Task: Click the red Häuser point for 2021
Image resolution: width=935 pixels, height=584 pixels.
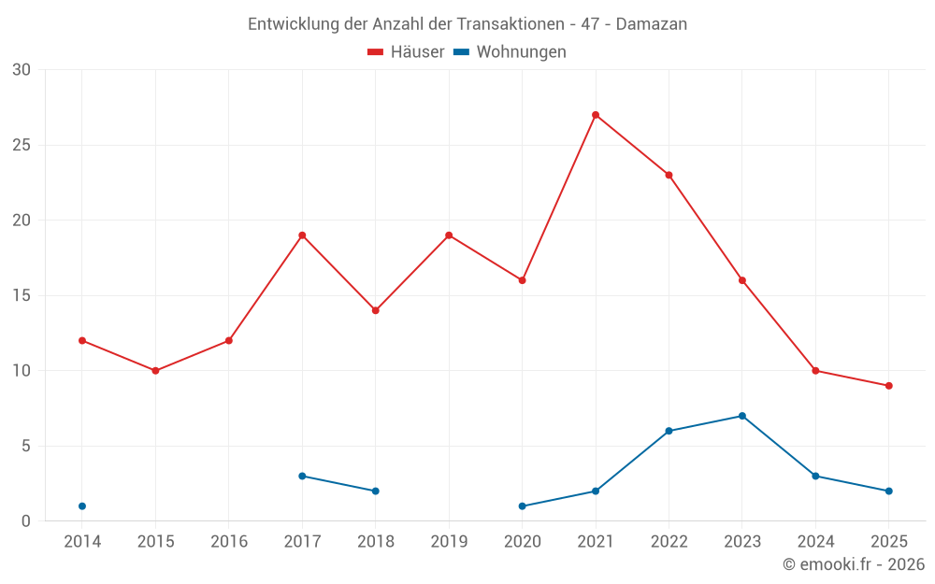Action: tap(596, 115)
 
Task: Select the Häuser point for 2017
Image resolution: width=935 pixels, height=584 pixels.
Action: tap(302, 235)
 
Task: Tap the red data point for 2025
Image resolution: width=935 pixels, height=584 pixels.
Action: tap(889, 386)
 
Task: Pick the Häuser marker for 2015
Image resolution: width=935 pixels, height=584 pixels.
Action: tap(155, 371)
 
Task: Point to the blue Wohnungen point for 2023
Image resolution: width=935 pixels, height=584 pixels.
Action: tap(742, 416)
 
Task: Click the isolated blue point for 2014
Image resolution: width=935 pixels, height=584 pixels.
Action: tap(82, 506)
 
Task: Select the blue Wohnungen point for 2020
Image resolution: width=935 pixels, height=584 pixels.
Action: tap(522, 506)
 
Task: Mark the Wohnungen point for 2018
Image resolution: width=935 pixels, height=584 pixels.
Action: tap(375, 491)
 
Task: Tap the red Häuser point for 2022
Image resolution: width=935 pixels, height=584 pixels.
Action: tap(669, 175)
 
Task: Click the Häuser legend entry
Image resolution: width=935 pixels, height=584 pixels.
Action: tap(406, 52)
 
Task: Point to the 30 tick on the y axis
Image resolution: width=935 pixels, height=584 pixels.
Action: tap(22, 70)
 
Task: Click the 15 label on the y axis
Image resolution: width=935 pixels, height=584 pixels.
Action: tap(22, 296)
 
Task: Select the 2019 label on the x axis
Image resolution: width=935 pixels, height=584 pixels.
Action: tap(449, 542)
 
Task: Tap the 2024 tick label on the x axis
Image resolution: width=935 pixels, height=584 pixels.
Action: tap(815, 542)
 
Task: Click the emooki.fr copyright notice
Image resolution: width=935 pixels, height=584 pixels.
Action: tap(853, 564)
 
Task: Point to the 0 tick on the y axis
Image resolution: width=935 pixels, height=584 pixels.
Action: tap(26, 521)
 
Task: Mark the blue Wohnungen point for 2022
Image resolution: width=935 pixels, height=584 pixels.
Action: tap(669, 431)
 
